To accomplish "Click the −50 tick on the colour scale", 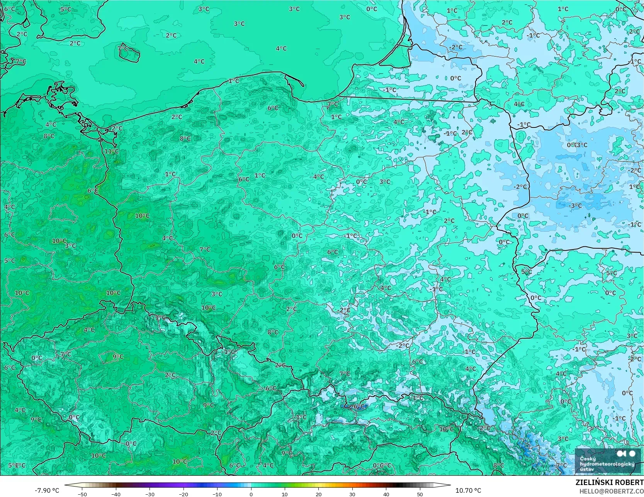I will pyautogui.click(x=82, y=494).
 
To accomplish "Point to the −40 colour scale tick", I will pyautogui.click(x=116, y=494).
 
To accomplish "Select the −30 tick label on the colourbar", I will pyautogui.click(x=150, y=494).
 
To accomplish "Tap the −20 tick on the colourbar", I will pyautogui.click(x=184, y=494).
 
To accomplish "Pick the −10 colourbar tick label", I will pyautogui.click(x=217, y=494).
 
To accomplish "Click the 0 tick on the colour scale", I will pyautogui.click(x=251, y=494).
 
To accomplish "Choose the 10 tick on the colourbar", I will pyautogui.click(x=285, y=494).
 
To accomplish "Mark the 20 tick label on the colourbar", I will pyautogui.click(x=318, y=494).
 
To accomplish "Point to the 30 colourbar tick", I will pyautogui.click(x=352, y=494).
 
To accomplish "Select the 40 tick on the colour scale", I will pyautogui.click(x=386, y=494).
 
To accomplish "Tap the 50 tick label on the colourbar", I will pyautogui.click(x=420, y=494).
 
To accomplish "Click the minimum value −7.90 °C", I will pyautogui.click(x=47, y=490).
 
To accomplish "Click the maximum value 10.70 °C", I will pyautogui.click(x=468, y=490).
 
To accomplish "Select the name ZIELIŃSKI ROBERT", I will pyautogui.click(x=609, y=482).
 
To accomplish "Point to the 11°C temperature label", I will pyautogui.click(x=111, y=151).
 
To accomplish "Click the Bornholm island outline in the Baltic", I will pyautogui.click(x=129, y=53).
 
